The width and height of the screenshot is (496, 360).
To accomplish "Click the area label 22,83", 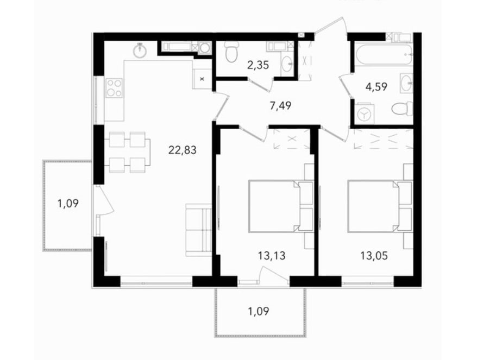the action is [x=183, y=149].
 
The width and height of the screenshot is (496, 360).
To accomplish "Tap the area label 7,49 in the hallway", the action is [x=280, y=105].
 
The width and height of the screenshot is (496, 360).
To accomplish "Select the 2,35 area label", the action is [x=258, y=65].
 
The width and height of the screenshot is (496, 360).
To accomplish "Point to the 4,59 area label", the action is [x=376, y=86].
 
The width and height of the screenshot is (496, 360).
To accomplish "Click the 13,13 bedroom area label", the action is [x=272, y=255].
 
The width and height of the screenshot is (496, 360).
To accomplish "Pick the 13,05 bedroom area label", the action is [x=374, y=255].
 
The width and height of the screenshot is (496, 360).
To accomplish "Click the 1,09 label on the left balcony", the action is [x=68, y=203].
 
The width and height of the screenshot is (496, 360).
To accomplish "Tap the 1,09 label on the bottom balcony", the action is [x=259, y=312].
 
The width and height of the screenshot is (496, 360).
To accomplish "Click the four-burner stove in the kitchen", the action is [x=114, y=87].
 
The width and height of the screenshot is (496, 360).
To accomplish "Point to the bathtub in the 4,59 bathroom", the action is [x=384, y=55].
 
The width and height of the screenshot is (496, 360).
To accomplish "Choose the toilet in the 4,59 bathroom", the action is [x=402, y=109].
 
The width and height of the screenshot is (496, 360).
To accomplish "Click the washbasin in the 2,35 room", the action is [x=288, y=65].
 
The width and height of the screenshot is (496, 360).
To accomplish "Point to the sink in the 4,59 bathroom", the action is [x=406, y=83].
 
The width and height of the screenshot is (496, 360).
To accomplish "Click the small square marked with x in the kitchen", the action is [x=202, y=79].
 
